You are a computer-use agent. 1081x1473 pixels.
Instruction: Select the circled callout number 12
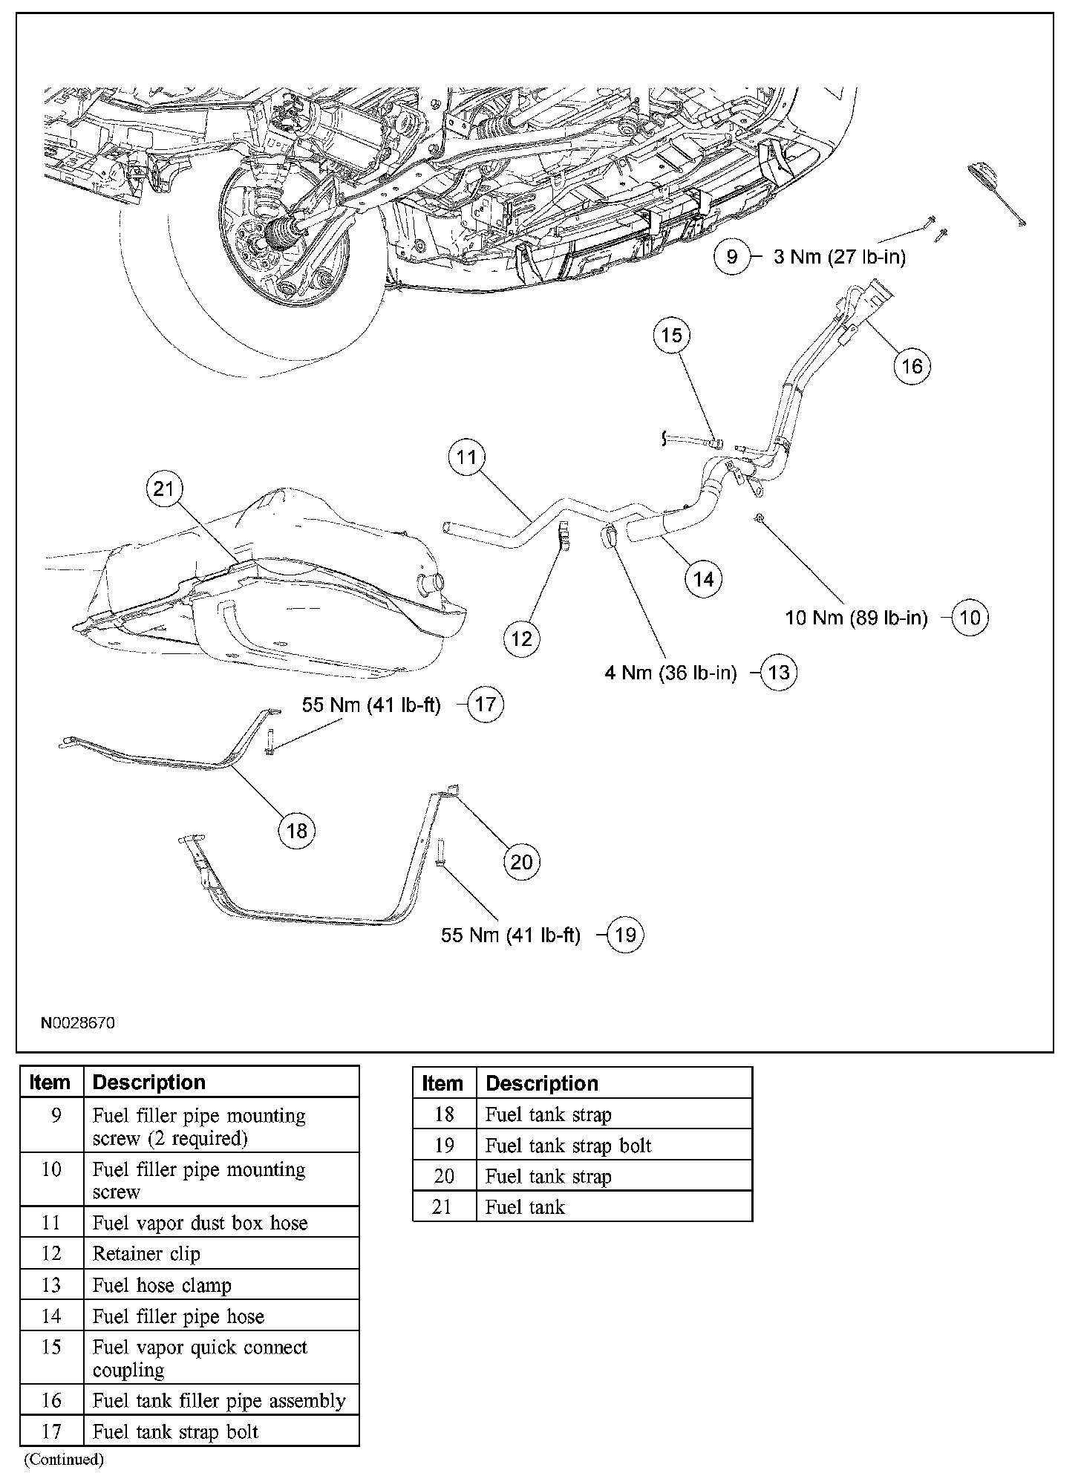pos(522,638)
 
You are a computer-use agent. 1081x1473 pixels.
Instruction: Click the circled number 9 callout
pos(732,257)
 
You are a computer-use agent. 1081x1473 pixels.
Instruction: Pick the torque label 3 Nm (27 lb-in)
pos(840,257)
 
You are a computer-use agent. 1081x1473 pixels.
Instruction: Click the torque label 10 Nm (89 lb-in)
pos(856,618)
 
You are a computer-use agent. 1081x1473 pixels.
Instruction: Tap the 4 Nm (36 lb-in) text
pos(670,673)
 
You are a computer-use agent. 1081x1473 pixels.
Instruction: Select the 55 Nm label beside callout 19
pos(511,935)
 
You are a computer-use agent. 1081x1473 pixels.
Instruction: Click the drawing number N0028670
pos(77,1022)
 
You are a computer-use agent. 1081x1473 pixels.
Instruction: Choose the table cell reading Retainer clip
pos(146,1254)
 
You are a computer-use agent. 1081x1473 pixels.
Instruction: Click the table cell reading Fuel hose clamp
pos(162,1285)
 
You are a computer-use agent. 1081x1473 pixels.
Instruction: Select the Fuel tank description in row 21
pos(525,1207)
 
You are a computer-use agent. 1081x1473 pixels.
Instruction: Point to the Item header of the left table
pos(50,1082)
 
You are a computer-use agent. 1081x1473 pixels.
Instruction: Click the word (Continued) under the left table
pos(63,1459)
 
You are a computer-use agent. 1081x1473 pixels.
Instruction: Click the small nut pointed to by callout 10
pos(757,517)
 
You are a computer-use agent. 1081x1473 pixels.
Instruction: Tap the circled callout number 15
pos(671,335)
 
